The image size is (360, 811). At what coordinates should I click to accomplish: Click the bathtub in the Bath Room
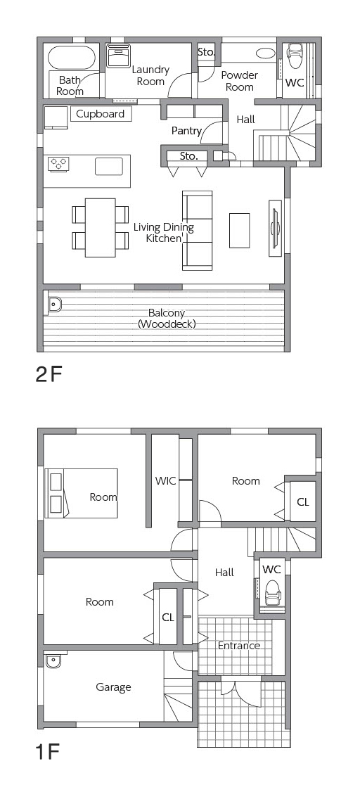(x=72, y=58)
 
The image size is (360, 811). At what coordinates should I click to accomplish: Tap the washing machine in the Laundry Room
(x=120, y=56)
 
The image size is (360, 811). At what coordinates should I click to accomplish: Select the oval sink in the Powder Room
(x=266, y=53)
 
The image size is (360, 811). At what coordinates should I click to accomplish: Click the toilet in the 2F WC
(x=295, y=56)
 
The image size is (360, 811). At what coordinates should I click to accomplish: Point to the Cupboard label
(x=101, y=114)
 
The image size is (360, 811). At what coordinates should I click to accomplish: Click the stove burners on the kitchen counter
(x=58, y=164)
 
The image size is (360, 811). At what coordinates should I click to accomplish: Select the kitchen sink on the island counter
(x=109, y=167)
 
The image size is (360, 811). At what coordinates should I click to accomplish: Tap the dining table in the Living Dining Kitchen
(x=101, y=228)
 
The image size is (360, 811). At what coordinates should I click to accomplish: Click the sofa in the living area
(x=197, y=231)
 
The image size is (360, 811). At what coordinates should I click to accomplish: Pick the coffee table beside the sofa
(x=240, y=230)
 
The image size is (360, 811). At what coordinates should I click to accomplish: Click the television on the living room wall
(x=275, y=228)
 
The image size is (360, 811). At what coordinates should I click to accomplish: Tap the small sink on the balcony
(x=54, y=305)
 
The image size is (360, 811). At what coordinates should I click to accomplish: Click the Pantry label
(x=186, y=131)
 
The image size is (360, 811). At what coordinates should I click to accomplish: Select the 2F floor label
(x=49, y=374)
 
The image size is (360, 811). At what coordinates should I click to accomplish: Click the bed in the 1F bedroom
(x=81, y=493)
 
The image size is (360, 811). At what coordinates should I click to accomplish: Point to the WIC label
(x=165, y=481)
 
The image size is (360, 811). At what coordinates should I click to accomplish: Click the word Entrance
(x=238, y=646)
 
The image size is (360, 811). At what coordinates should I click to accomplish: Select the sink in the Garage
(x=53, y=661)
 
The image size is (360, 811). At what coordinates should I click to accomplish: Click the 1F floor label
(x=47, y=751)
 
